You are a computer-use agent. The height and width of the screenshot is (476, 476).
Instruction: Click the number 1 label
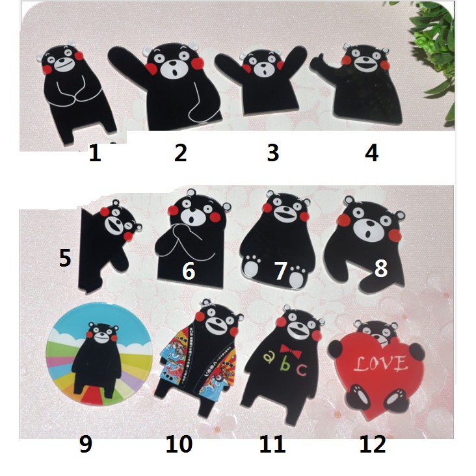tap(95, 153)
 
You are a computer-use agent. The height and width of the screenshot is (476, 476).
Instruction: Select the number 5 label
tap(65, 258)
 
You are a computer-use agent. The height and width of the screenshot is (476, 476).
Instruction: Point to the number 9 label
tap(85, 445)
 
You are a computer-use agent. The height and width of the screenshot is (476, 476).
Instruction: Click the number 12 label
tap(372, 445)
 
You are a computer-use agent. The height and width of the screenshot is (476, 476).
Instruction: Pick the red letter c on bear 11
tap(301, 370)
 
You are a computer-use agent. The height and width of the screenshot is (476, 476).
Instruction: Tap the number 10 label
tap(179, 445)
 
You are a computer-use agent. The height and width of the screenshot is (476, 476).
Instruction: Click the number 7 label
tap(281, 271)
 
